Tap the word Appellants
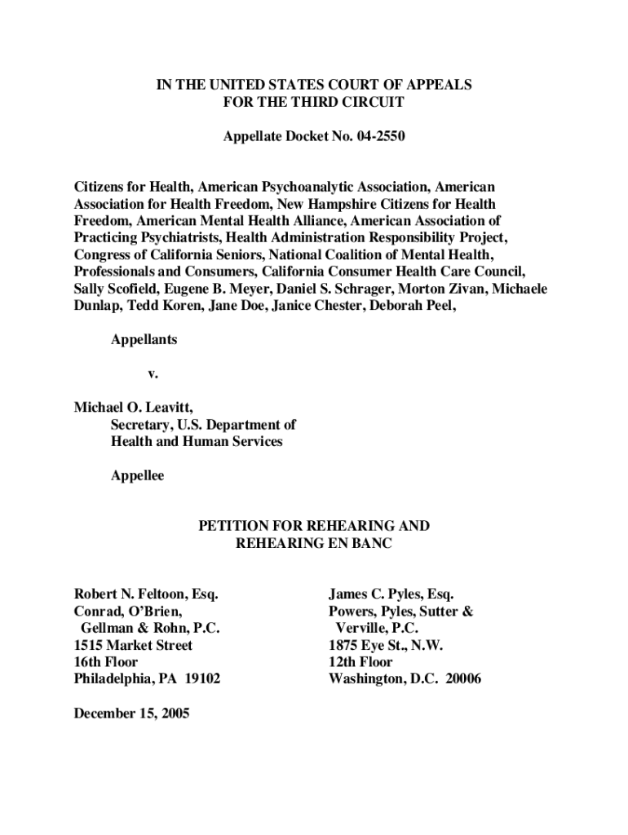(144, 340)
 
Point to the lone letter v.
(151, 374)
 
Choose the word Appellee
(137, 475)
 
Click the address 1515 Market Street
(133, 645)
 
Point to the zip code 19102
(201, 678)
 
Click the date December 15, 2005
(131, 714)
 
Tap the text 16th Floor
(106, 662)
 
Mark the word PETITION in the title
(232, 526)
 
